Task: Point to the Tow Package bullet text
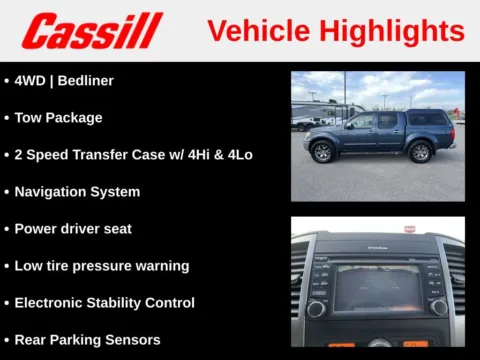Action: (58, 117)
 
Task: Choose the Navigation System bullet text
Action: (77, 191)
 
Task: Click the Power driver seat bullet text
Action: (73, 228)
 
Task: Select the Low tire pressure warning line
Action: (101, 265)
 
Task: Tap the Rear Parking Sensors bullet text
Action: (87, 339)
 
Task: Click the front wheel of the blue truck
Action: (322, 152)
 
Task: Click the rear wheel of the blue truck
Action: (420, 152)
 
